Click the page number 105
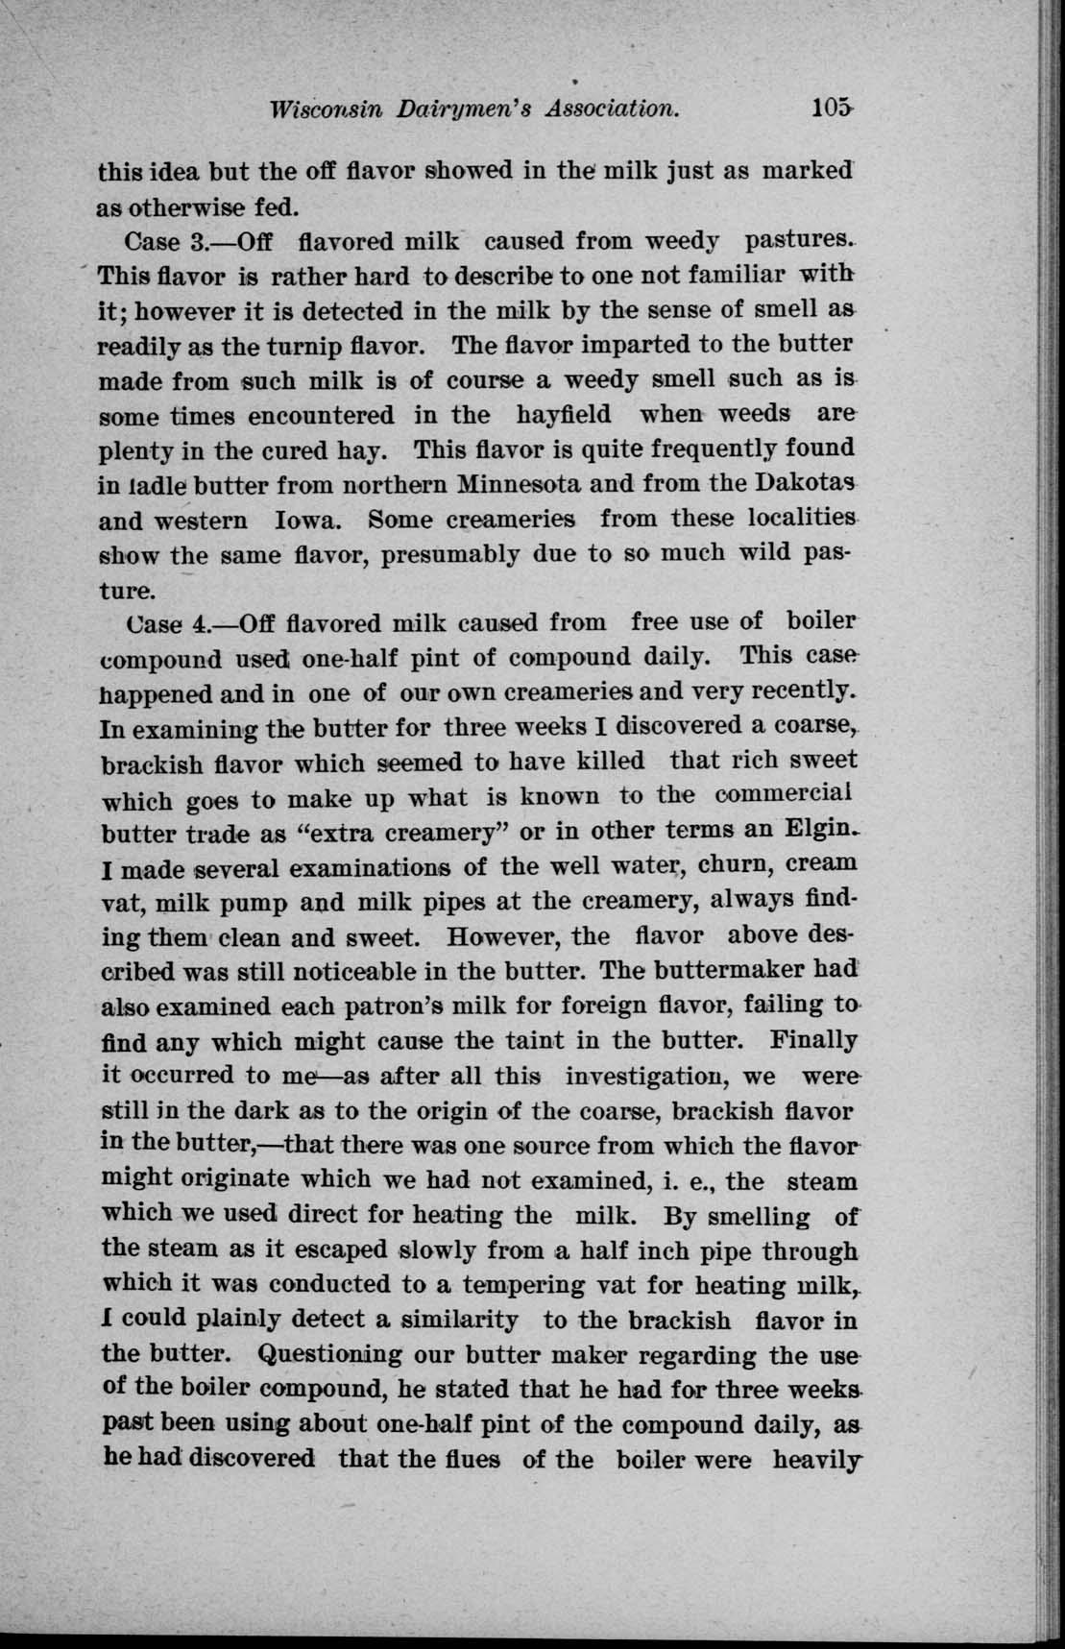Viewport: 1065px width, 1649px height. coord(830,107)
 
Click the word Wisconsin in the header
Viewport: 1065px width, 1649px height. coord(328,109)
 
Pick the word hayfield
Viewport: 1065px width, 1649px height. coord(564,415)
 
